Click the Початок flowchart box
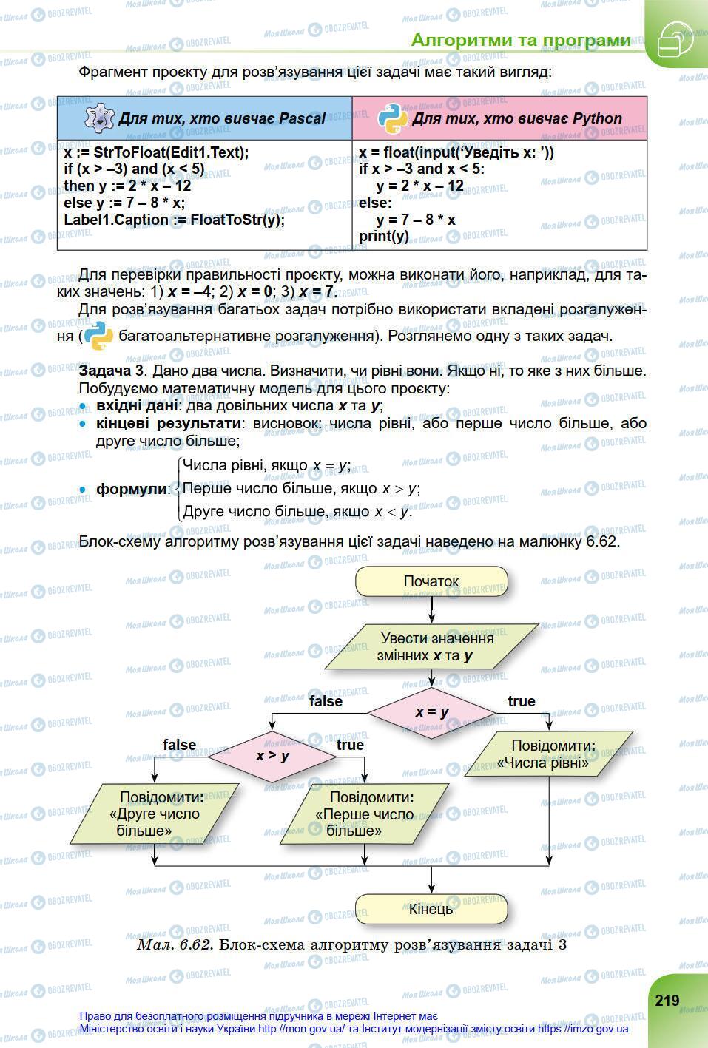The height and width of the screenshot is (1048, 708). [431, 581]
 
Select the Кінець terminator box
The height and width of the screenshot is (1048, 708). [431, 909]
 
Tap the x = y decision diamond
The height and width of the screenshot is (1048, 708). [432, 712]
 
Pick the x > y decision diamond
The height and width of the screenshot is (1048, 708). [272, 756]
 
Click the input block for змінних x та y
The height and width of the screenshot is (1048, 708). [431, 647]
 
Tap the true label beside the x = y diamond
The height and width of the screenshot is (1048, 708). [522, 701]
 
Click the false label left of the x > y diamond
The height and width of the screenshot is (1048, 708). [180, 745]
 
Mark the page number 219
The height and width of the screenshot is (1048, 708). [667, 1001]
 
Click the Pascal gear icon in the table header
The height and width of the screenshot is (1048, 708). [99, 118]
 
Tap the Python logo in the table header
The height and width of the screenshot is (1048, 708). [392, 118]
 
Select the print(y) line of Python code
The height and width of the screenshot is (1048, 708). [384, 237]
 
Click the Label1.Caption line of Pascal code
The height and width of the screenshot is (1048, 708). [174, 220]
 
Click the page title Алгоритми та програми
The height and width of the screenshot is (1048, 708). [521, 40]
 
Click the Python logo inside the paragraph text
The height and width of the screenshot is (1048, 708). [98, 337]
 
